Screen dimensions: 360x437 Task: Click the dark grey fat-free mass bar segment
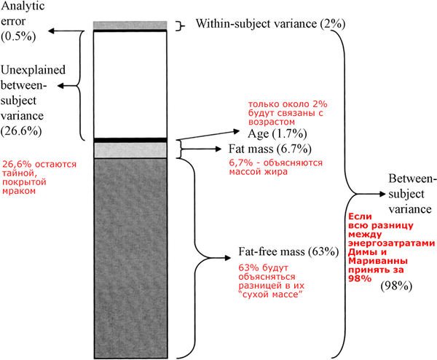(132, 255)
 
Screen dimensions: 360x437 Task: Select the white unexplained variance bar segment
(132, 84)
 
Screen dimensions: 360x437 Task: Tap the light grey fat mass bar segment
(132, 150)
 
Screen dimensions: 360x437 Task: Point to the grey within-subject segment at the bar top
(132, 26)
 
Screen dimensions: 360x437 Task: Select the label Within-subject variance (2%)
(270, 24)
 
